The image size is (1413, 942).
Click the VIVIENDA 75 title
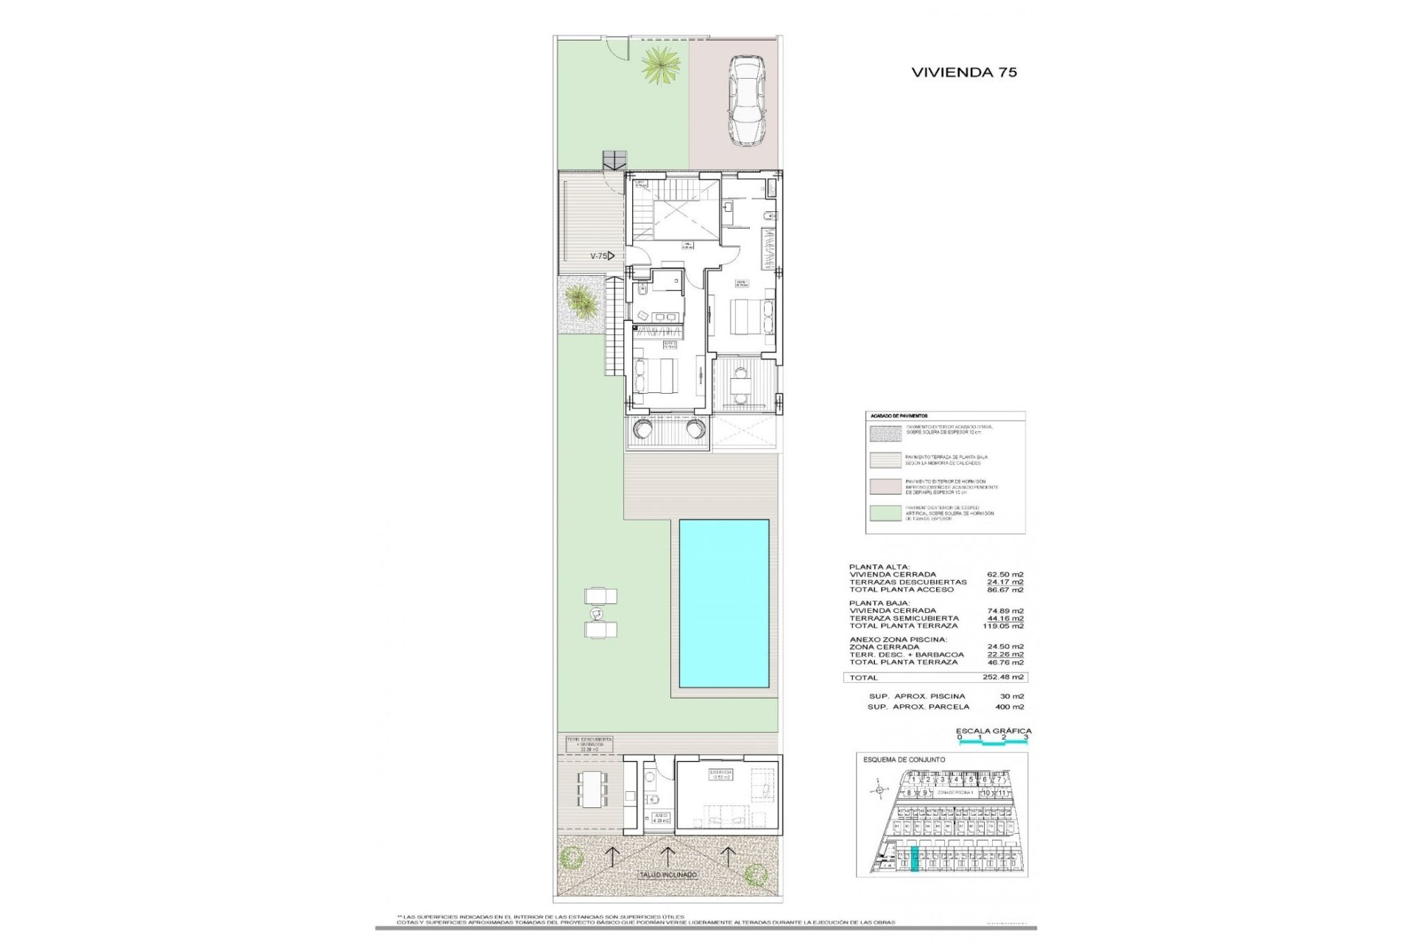[964, 72]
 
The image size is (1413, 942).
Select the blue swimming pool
[723, 603]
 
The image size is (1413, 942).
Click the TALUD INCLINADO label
[667, 875]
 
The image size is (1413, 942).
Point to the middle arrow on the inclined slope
[667, 856]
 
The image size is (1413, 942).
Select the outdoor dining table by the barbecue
[592, 790]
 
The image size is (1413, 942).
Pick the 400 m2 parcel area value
[1009, 706]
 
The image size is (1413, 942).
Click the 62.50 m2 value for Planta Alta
[1005, 575]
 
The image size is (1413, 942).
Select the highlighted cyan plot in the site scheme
[915, 860]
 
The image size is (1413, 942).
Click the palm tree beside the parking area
[659, 65]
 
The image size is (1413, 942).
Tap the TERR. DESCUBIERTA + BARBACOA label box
[589, 744]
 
